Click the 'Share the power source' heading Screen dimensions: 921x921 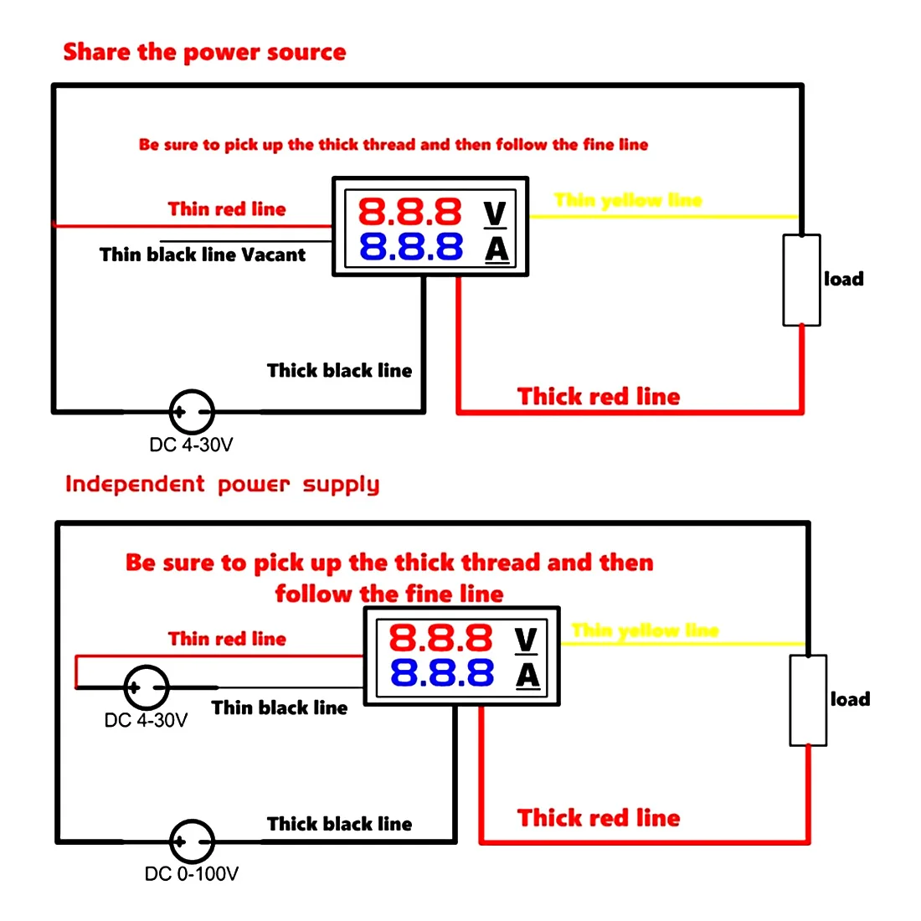204,52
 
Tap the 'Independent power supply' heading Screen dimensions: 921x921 222,485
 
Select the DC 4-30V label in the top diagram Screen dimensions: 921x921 191,445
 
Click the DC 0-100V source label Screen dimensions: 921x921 191,874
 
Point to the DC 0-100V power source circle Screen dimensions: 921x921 192,841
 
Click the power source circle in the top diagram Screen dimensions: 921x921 192,411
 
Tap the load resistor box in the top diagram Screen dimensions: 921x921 801,280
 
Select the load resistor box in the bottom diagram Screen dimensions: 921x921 808,700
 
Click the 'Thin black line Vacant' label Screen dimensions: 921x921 203,255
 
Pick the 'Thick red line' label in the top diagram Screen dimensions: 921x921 599,396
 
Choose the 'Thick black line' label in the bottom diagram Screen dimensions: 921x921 339,824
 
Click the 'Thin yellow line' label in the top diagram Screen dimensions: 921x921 628,200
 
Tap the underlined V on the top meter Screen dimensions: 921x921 495,214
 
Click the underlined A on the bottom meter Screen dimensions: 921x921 527,675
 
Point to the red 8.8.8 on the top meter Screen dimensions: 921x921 410,212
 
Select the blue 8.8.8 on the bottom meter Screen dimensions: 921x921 441,673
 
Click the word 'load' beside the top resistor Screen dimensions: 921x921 843,280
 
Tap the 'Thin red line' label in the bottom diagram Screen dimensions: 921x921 227,639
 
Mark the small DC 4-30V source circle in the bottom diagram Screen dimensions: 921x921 147,687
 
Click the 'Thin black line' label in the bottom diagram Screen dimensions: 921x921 280,708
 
